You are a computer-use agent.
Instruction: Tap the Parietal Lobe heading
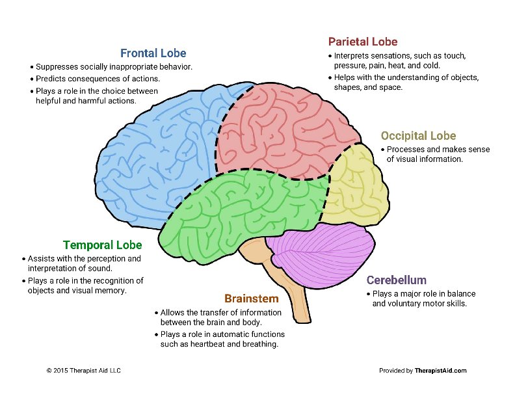[363, 42]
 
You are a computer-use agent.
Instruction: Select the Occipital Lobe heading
[418, 136]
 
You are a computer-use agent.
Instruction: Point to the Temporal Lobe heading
[102, 245]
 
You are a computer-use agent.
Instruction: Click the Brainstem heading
[251, 298]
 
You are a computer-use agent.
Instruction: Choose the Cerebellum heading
[396, 280]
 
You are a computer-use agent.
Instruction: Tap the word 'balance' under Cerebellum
[451, 293]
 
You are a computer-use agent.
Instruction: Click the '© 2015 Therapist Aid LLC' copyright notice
[84, 371]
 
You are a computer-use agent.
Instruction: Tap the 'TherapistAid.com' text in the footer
[441, 371]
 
